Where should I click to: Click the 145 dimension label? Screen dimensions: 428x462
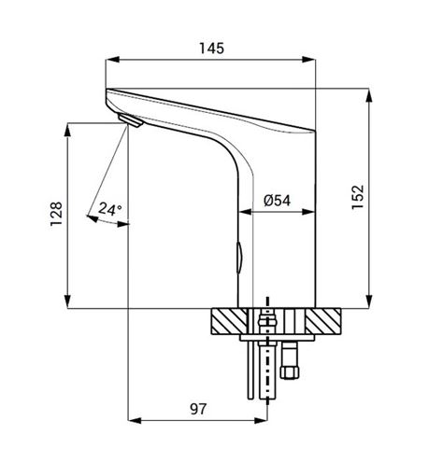click(211, 49)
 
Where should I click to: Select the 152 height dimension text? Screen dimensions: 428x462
click(358, 197)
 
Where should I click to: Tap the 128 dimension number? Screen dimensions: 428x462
click(56, 214)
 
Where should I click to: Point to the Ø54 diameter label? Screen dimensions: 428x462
click(277, 200)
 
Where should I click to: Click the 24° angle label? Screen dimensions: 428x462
click(110, 209)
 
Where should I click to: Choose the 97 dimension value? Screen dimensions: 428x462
click(198, 409)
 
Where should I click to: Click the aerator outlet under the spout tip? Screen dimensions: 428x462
click(130, 120)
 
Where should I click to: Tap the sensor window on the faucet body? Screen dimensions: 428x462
click(240, 258)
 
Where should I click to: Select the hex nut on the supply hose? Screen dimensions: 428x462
click(290, 371)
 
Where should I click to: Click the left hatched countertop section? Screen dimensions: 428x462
click(229, 321)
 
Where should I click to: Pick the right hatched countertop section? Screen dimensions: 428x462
click(323, 321)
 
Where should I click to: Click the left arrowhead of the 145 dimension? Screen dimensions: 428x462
click(112, 60)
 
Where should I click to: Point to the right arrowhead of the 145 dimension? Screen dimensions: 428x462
click(309, 60)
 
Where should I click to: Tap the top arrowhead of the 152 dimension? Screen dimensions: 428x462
click(369, 95)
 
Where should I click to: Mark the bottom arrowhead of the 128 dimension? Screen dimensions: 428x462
click(67, 301)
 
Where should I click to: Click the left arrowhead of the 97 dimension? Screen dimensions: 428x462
click(135, 421)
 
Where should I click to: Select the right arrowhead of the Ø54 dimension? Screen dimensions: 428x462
click(308, 212)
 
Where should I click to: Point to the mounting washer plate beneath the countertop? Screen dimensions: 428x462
click(278, 338)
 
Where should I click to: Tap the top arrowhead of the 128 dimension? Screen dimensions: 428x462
click(67, 130)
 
